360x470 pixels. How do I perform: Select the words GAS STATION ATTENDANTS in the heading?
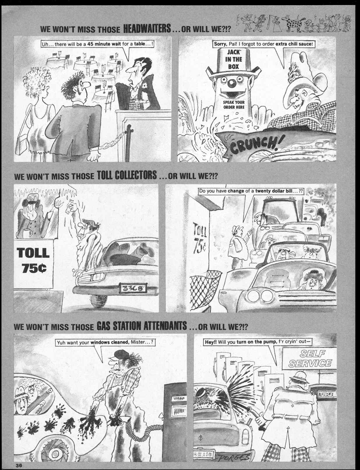tap(141, 325)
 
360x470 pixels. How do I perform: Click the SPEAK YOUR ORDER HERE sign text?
tap(234, 105)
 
